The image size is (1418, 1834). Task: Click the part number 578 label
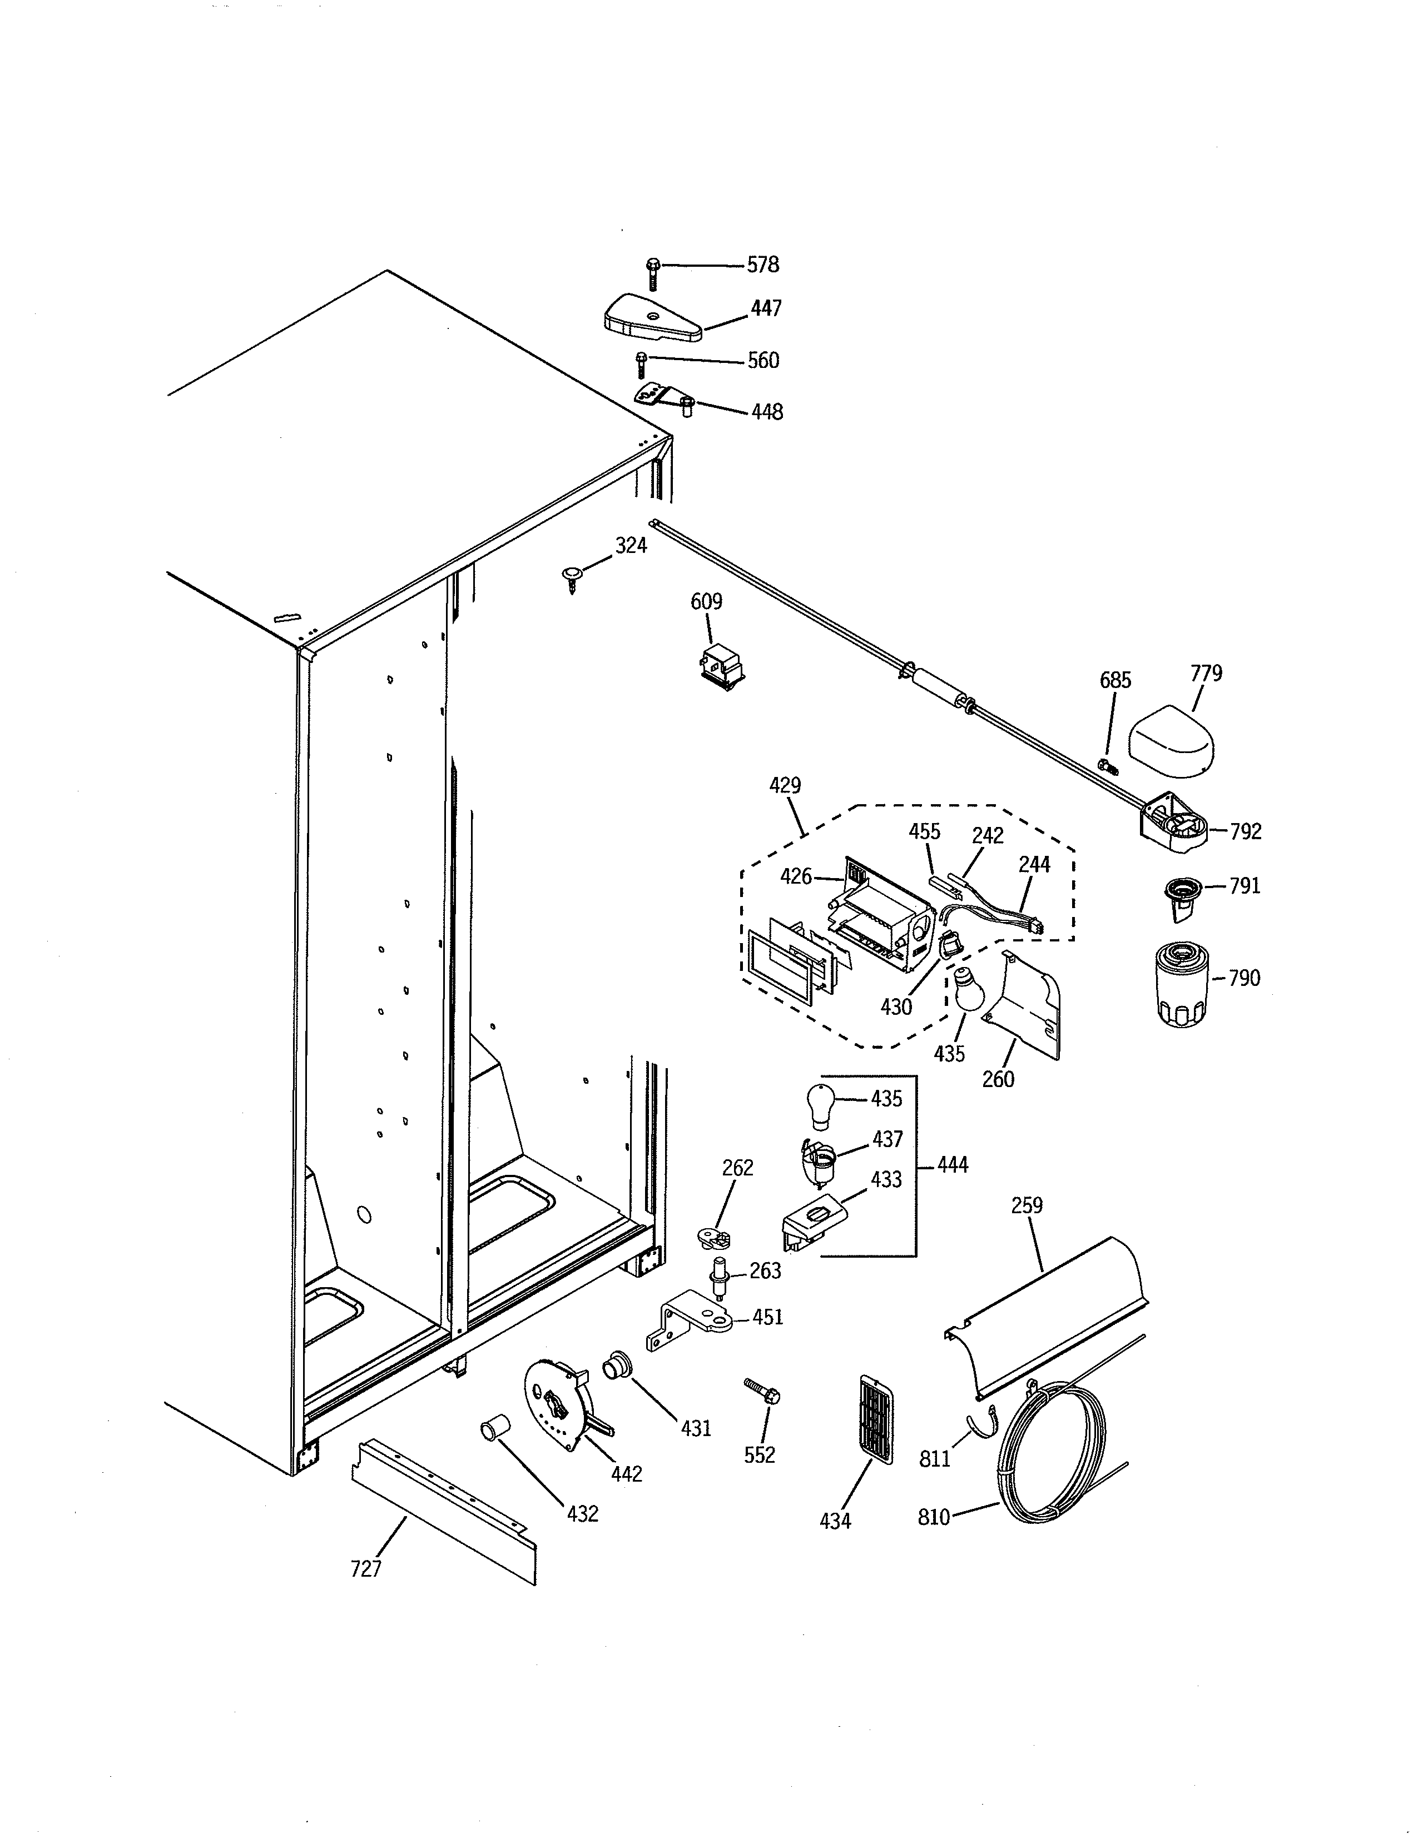(x=763, y=265)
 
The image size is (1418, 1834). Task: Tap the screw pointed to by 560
(x=641, y=365)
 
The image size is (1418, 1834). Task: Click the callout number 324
(x=631, y=546)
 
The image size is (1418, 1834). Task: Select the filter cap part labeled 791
(x=1179, y=892)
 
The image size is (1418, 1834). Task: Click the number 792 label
(x=1245, y=831)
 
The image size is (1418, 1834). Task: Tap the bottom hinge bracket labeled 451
(x=689, y=1321)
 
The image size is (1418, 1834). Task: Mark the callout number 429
(x=785, y=786)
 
